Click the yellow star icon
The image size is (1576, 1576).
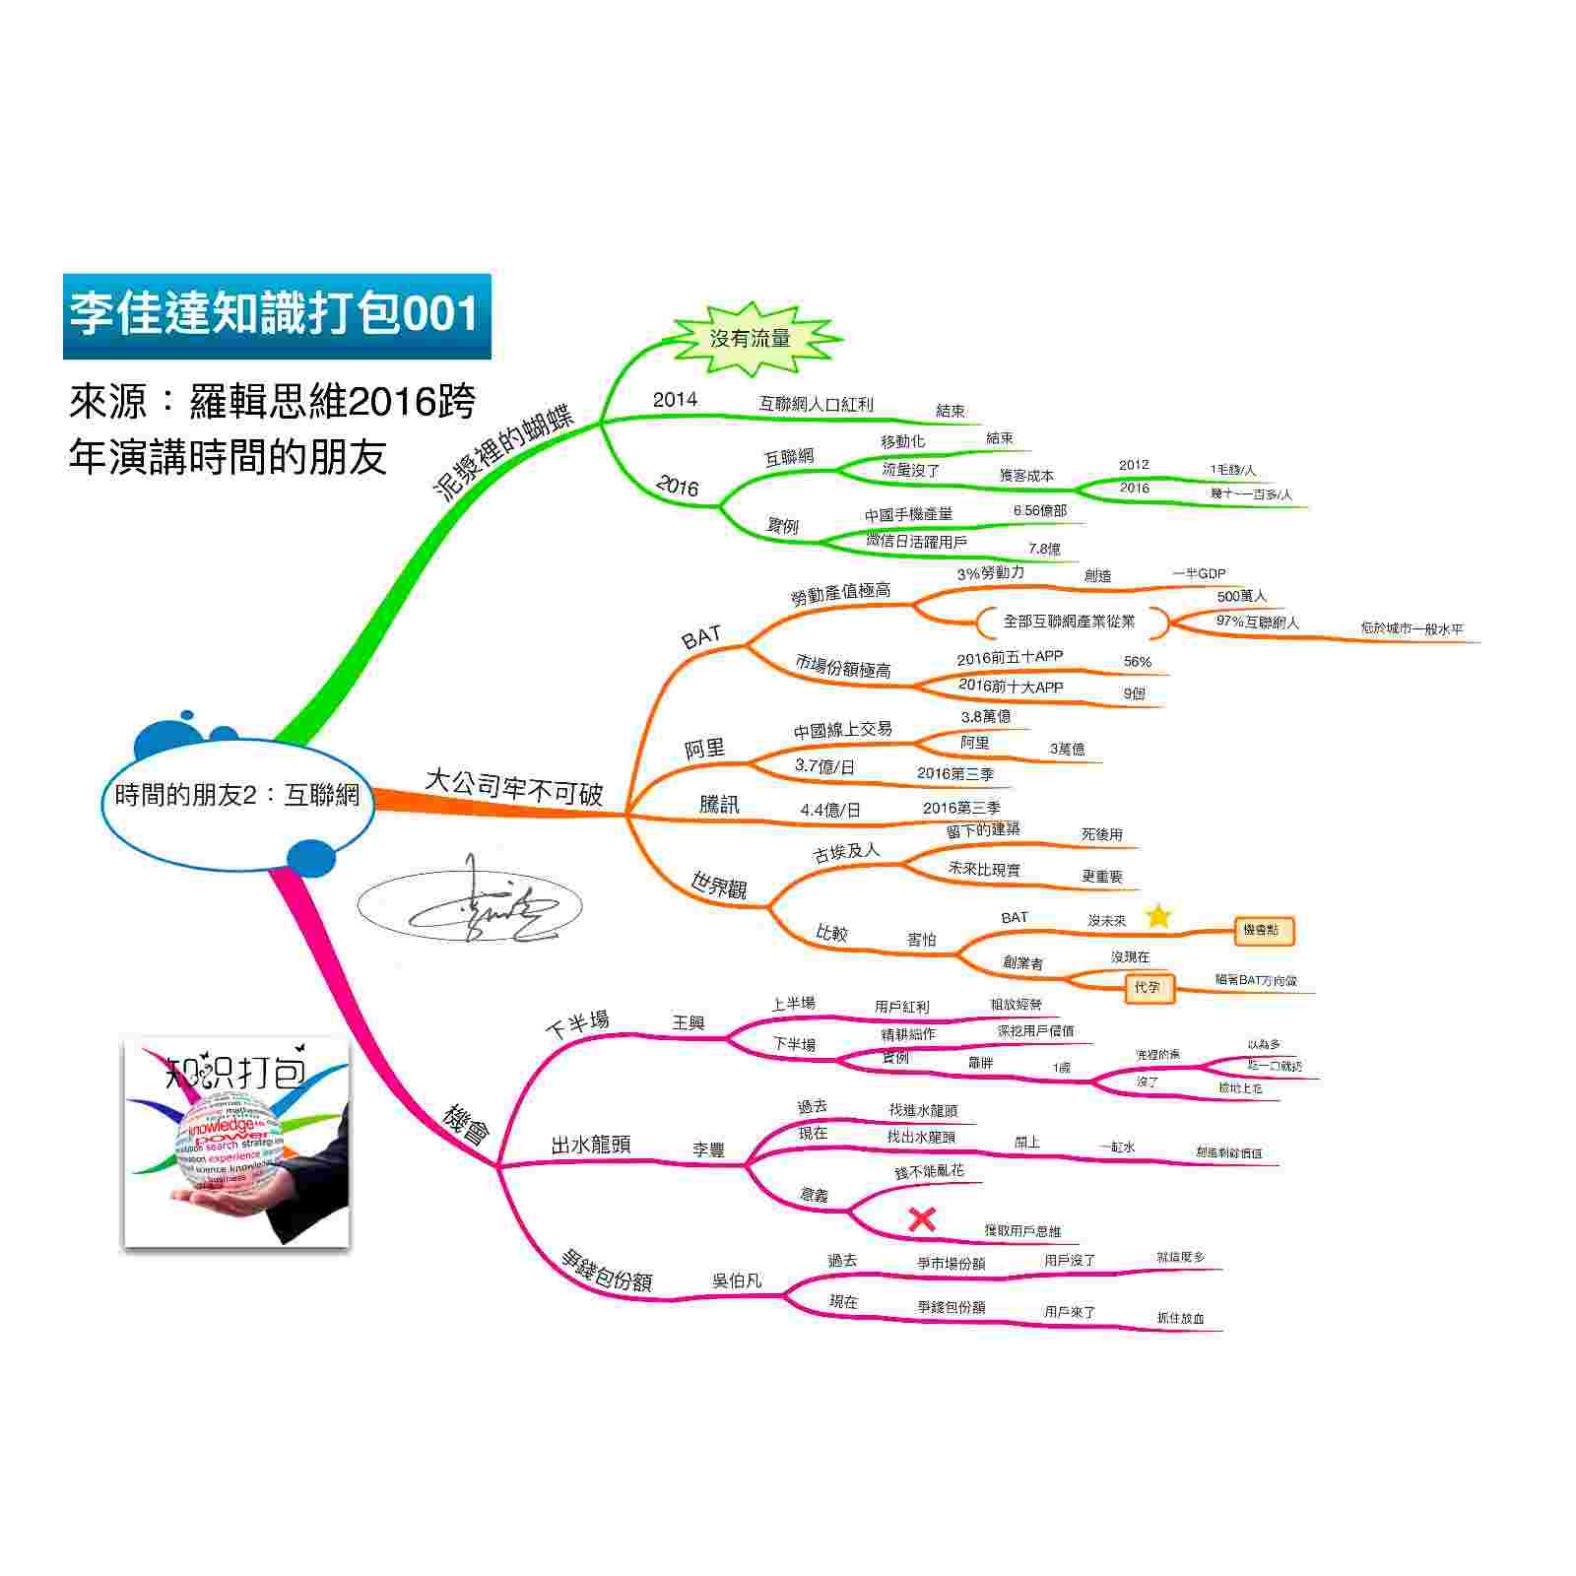coord(1158,917)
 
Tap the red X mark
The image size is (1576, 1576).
coord(922,1219)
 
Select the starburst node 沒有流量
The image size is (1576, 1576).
coord(751,339)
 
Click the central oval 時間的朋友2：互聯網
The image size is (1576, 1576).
coord(237,796)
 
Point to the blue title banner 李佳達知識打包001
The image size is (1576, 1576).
coord(276,315)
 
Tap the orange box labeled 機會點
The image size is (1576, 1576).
coord(1264,930)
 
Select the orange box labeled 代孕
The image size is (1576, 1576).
coord(1149,987)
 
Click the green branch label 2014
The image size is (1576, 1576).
coord(675,399)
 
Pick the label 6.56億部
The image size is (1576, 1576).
coord(1039,511)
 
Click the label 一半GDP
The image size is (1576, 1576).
coord(1199,573)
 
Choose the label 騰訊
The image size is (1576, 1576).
coord(719,805)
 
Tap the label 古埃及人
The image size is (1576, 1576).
coord(847,852)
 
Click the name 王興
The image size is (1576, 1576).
coord(689,1023)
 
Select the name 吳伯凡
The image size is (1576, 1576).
coord(737,1281)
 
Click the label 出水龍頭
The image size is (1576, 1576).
coord(591,1145)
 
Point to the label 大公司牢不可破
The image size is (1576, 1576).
coord(513,787)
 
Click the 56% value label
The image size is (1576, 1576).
coord(1138,662)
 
